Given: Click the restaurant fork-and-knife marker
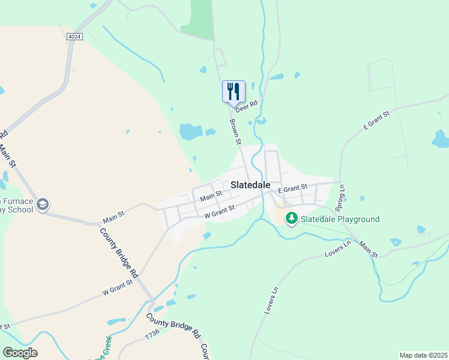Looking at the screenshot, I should click(234, 92).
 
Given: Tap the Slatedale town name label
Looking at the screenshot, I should click(250, 185).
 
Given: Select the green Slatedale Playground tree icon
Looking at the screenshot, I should click(291, 218).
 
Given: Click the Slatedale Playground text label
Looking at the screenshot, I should click(340, 219).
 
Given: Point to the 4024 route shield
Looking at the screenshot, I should click(74, 37).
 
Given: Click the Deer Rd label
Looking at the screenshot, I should click(246, 106).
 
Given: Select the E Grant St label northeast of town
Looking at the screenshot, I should click(376, 121).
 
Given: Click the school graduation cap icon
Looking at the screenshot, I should click(43, 205).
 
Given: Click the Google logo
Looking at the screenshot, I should click(20, 352).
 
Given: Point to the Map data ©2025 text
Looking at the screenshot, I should click(423, 355).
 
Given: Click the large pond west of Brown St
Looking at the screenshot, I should click(190, 131).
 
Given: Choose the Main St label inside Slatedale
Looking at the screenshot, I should click(211, 196).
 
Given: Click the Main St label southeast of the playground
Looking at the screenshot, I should click(369, 250).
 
